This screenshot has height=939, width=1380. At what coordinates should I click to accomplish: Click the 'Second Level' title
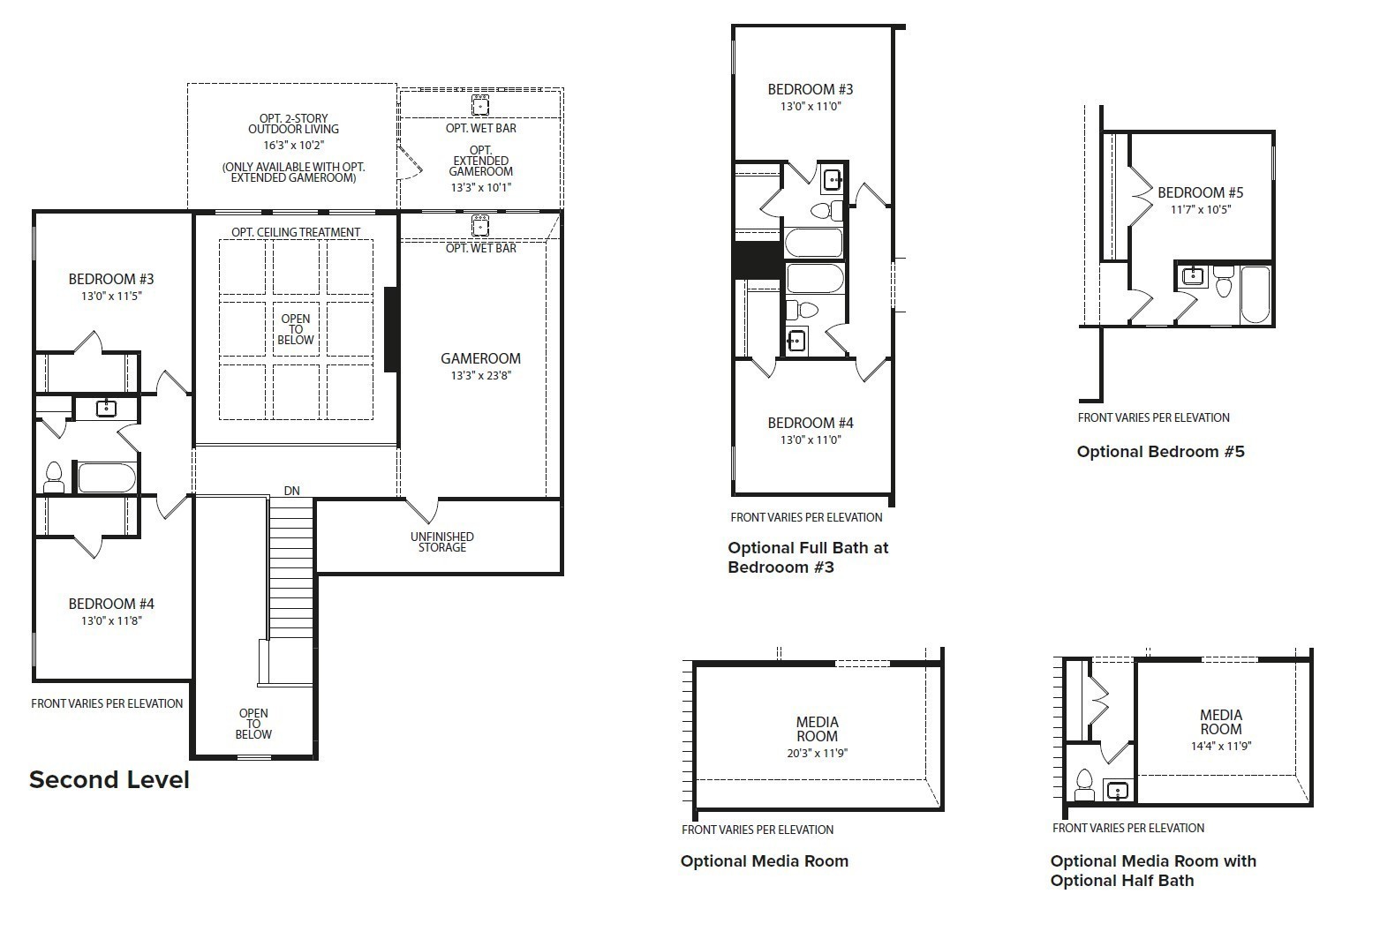(x=109, y=780)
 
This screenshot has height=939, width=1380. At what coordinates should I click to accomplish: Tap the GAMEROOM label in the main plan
(x=480, y=358)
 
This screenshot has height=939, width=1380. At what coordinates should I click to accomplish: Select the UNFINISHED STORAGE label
(x=441, y=542)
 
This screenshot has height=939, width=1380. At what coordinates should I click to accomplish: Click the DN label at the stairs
(x=291, y=491)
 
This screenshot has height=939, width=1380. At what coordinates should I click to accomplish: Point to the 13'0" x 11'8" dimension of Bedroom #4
(x=111, y=620)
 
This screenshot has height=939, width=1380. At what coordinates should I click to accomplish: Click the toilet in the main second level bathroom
(x=54, y=477)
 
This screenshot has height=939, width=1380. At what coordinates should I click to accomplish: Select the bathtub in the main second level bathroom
(x=107, y=477)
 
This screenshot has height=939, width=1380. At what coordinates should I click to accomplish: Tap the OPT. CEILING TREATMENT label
(x=296, y=232)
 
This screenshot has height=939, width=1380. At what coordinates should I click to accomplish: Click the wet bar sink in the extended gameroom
(x=480, y=106)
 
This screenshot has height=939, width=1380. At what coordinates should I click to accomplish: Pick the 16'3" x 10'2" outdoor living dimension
(x=293, y=146)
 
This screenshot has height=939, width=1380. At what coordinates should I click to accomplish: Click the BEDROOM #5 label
(x=1200, y=192)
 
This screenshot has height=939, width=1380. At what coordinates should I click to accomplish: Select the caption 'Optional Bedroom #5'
(x=1160, y=452)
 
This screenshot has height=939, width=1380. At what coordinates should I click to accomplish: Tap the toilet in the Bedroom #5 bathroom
(x=1223, y=282)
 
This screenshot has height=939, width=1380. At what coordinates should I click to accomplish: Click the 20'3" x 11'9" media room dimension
(x=817, y=753)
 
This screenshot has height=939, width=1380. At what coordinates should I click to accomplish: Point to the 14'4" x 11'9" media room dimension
(x=1220, y=746)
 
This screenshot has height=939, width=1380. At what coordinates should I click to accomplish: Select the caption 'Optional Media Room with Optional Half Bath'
(x=1153, y=870)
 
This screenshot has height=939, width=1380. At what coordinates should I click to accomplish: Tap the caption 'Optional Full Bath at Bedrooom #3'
(x=807, y=557)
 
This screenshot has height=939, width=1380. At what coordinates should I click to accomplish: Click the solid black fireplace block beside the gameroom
(x=391, y=329)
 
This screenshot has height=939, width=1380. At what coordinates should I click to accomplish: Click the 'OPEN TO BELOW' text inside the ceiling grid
(x=296, y=329)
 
